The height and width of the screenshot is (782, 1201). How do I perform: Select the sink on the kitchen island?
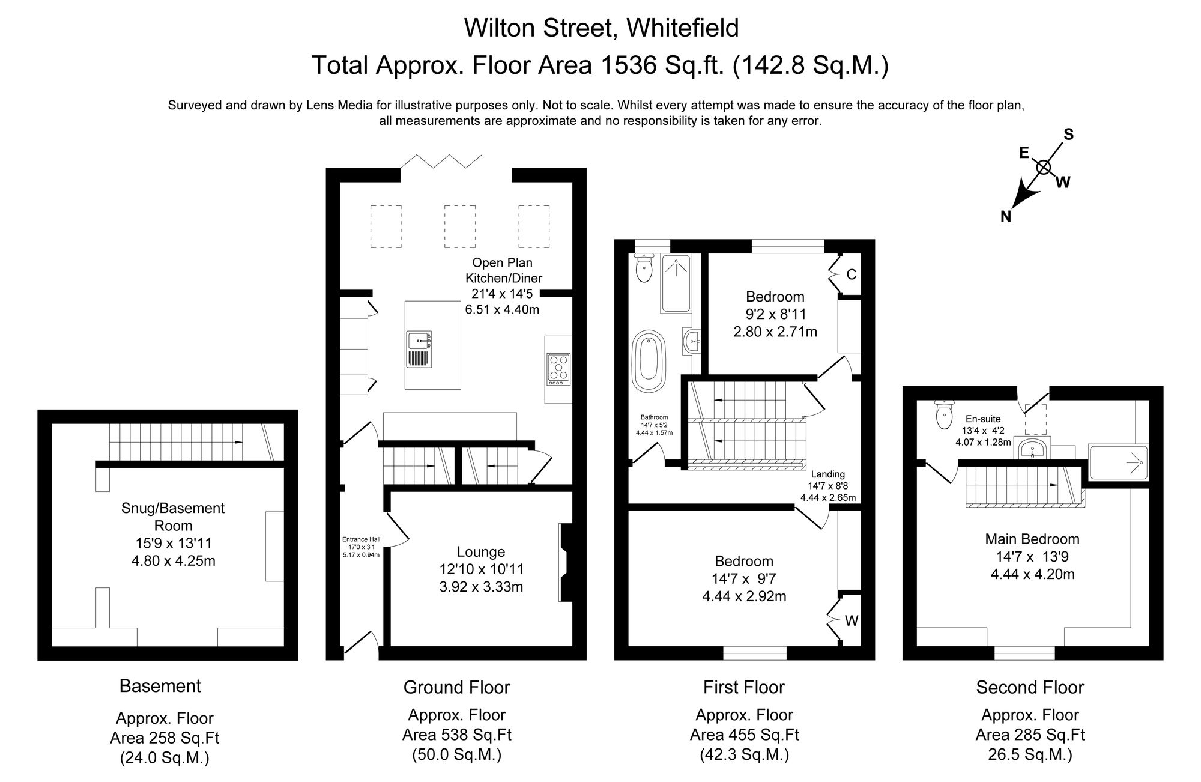coord(419,341)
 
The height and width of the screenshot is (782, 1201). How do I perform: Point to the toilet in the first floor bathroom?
coord(644,268)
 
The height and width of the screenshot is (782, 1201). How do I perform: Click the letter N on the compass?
coord(1006,217)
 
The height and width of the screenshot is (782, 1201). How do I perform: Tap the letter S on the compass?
coord(1069,135)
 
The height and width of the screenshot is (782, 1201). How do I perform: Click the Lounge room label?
coord(481,551)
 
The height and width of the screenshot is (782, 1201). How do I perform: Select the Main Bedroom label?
coord(1032,539)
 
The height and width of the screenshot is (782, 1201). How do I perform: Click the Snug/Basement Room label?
coord(173,517)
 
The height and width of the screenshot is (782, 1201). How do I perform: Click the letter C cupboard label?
coord(851,275)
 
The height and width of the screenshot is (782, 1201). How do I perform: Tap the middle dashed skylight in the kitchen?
coord(459,226)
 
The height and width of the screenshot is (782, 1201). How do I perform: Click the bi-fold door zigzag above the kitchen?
coord(441,161)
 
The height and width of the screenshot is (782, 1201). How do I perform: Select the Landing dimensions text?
coord(827,492)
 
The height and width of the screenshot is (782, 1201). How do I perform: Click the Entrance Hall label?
coord(362,539)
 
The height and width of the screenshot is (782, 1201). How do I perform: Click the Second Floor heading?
coord(1029,687)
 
